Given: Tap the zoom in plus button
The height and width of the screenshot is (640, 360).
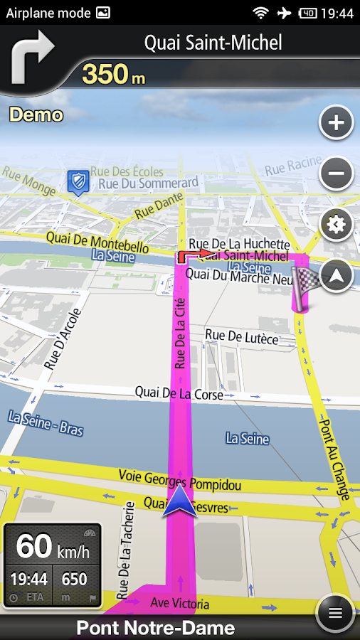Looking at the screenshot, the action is click(x=336, y=124).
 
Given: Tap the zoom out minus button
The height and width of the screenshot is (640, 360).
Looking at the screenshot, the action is click(x=336, y=173).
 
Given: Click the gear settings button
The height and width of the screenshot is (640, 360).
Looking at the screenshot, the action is click(x=336, y=225).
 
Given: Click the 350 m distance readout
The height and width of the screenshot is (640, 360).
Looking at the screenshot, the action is click(x=114, y=74).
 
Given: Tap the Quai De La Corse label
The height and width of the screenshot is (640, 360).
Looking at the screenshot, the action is click(x=179, y=393).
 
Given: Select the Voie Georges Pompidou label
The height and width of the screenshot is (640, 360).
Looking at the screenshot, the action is click(x=179, y=481).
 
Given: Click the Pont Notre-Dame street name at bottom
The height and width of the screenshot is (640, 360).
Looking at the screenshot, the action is click(x=155, y=628).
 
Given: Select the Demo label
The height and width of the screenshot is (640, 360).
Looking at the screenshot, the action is click(x=36, y=114).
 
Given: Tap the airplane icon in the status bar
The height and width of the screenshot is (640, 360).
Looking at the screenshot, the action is click(x=284, y=13).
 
